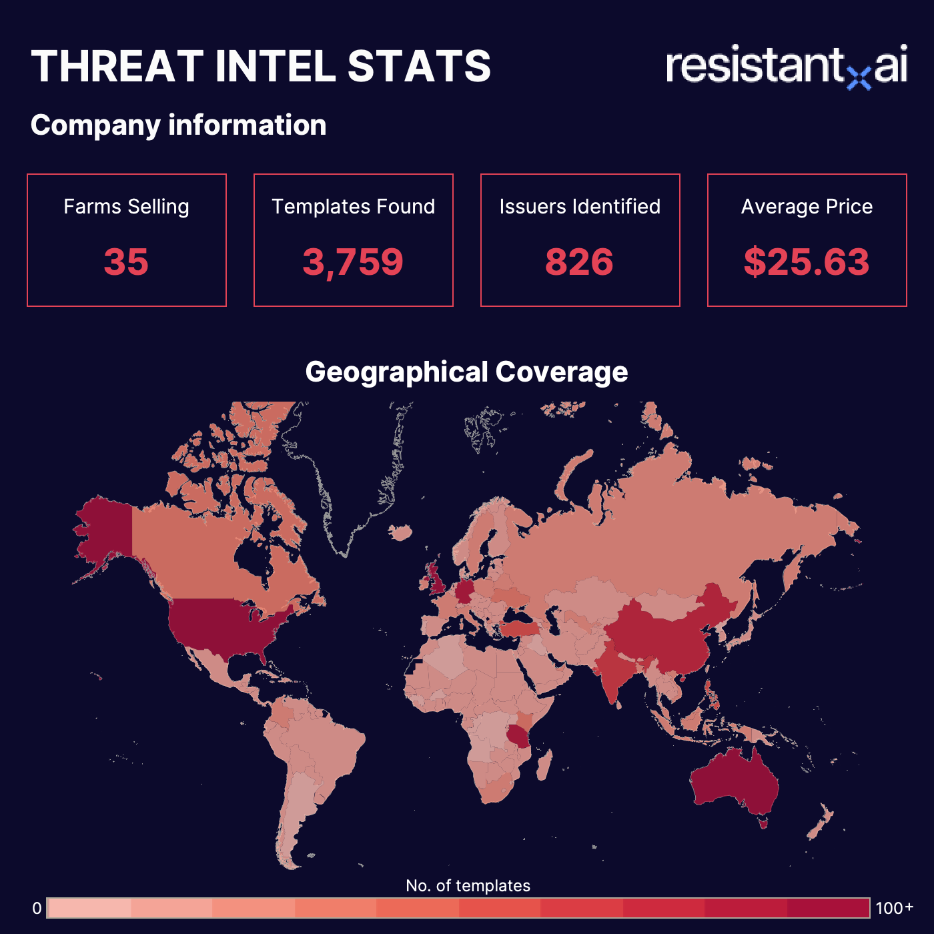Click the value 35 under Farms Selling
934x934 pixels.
(126, 262)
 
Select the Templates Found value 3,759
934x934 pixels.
(353, 262)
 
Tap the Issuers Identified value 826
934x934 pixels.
(579, 262)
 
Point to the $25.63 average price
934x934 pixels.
(807, 262)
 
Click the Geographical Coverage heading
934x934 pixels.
(466, 372)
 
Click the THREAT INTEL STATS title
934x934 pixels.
(261, 67)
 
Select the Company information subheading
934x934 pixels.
(178, 125)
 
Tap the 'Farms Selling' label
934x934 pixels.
(126, 207)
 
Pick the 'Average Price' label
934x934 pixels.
(807, 207)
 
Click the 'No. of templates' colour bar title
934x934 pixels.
(468, 886)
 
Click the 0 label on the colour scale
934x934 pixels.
(37, 909)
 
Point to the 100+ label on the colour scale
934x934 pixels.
(894, 909)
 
